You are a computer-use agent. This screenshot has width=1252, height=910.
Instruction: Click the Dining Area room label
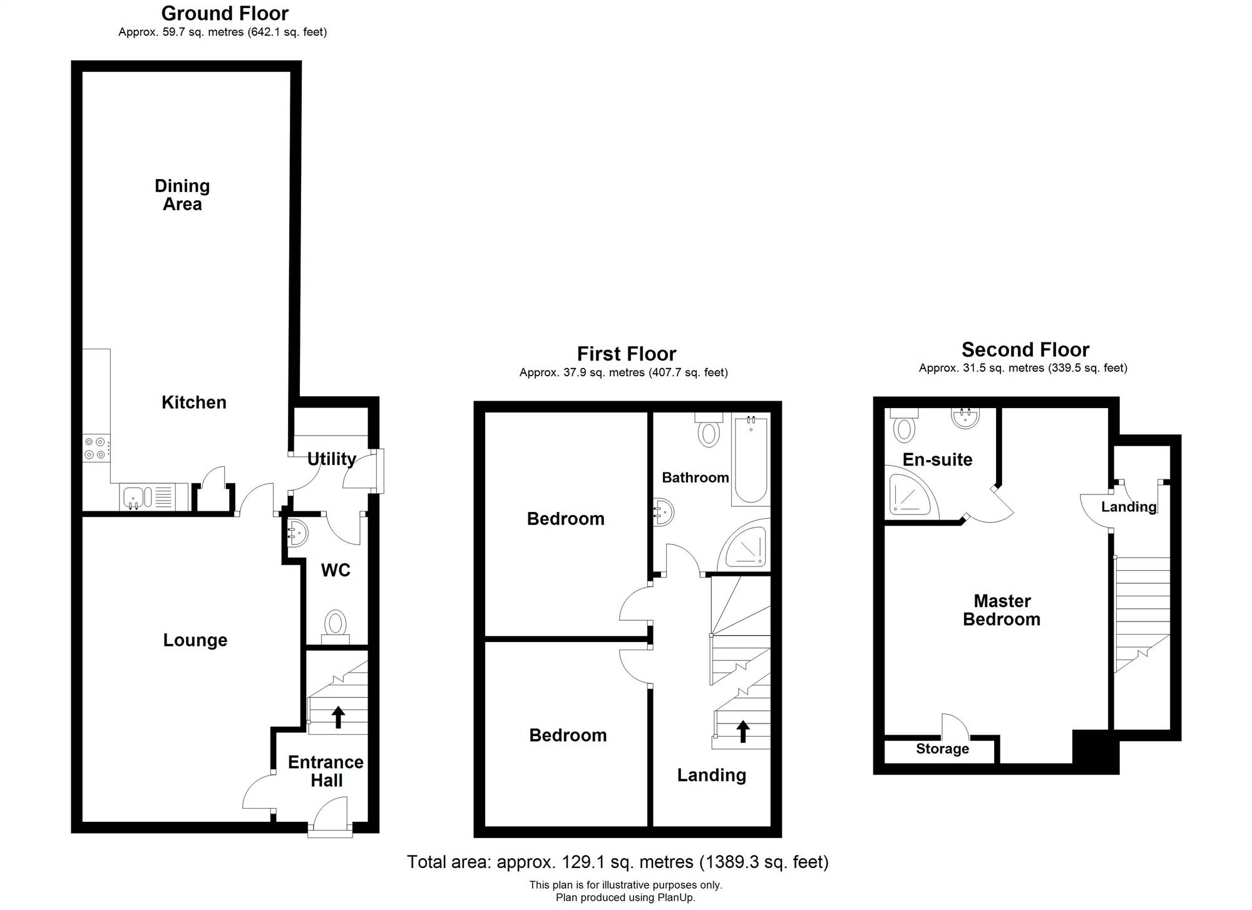click(x=182, y=195)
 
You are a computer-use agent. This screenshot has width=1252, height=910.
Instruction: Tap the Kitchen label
click(x=194, y=402)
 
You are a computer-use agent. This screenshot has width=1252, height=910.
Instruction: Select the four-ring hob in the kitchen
click(x=96, y=448)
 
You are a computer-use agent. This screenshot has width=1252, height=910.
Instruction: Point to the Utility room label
click(x=332, y=459)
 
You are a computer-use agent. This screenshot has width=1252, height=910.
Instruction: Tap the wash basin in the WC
click(x=297, y=533)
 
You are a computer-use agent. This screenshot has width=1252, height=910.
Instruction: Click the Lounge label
click(x=195, y=640)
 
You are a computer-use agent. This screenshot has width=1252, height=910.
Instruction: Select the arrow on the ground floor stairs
click(x=338, y=717)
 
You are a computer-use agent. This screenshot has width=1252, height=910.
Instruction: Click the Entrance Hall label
click(x=326, y=771)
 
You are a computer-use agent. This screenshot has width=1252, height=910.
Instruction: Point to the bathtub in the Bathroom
click(x=750, y=460)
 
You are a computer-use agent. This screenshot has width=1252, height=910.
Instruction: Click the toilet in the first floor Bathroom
click(x=709, y=429)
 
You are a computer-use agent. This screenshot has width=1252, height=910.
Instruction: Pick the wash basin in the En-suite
click(x=965, y=418)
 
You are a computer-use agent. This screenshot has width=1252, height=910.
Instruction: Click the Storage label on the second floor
click(x=942, y=749)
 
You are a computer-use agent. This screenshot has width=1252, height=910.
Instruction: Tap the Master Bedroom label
click(x=1002, y=610)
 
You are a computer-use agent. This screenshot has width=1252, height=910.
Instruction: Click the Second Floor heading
click(x=1025, y=349)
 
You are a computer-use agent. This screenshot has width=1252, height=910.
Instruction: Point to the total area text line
click(x=618, y=862)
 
